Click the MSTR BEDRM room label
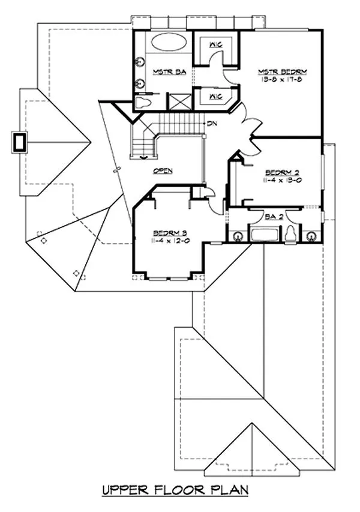coord(280,70)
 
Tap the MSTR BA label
coord(163,72)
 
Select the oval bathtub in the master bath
coord(169,43)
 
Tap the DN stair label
coord(212,124)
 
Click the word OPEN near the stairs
coord(163,170)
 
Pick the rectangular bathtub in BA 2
coord(265,235)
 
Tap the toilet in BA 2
coord(290,234)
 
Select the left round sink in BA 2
coord(238,236)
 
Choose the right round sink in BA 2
coord(311,236)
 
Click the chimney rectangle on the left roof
coord(20,142)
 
